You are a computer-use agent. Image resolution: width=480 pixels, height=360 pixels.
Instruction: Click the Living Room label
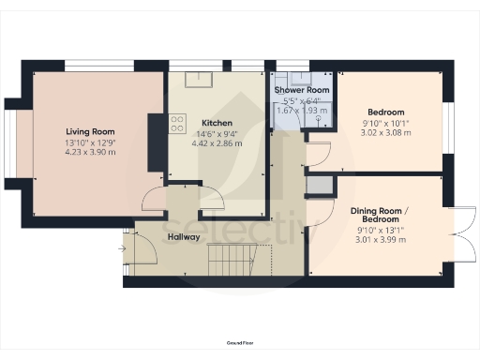coord(90,131)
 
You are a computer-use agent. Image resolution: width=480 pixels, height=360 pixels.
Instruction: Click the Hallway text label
coord(184,237)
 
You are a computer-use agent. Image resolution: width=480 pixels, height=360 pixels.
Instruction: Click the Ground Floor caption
coord(240,344)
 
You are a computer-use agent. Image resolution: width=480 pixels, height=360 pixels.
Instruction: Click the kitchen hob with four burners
coord(177,123)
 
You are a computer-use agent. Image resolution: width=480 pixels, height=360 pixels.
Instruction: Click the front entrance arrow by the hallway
coord(122,247)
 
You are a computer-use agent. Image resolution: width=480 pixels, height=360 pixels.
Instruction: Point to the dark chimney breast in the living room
coord(155,142)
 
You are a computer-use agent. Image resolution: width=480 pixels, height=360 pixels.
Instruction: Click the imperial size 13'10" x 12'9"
coord(90,142)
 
